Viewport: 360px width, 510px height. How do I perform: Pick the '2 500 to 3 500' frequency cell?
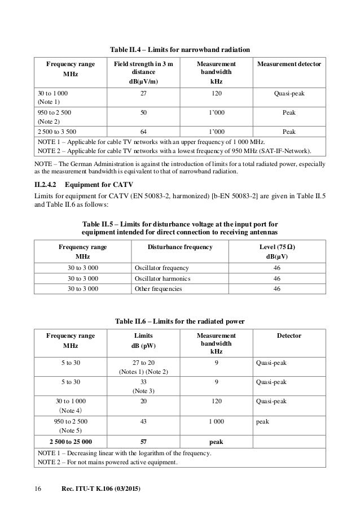[58, 131]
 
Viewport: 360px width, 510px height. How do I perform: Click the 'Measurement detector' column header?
[289, 65]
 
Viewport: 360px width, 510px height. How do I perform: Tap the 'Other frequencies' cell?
[158, 289]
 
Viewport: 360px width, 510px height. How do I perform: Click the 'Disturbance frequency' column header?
[179, 247]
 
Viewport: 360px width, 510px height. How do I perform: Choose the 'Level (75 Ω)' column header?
[276, 247]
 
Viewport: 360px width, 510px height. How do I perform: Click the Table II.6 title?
[179, 321]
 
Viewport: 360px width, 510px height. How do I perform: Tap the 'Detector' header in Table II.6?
[289, 335]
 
